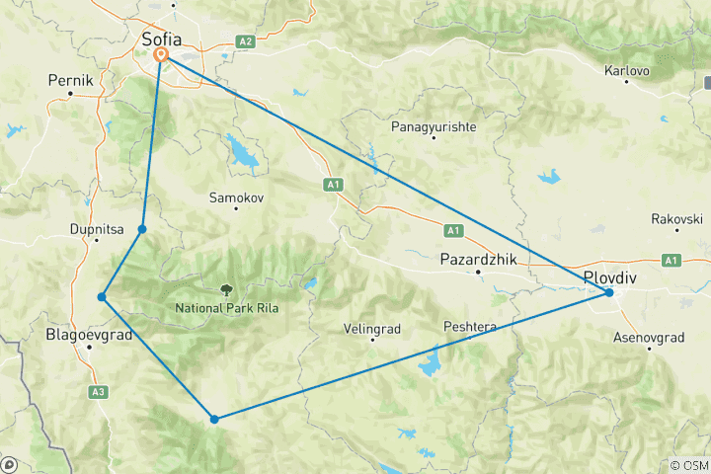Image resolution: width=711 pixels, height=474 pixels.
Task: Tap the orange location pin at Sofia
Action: point(161,58)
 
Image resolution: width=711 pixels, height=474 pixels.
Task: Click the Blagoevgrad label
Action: point(90,335)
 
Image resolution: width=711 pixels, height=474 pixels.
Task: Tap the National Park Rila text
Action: point(227,308)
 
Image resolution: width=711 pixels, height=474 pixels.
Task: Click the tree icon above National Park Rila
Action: point(228,290)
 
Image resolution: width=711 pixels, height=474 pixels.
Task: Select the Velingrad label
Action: point(371,327)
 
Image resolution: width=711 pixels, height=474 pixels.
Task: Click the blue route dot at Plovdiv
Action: point(609,292)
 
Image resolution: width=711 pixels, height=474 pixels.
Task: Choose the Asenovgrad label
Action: point(650,337)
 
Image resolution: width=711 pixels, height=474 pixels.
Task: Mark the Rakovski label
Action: point(676,218)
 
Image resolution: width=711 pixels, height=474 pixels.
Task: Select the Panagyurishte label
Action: point(434,127)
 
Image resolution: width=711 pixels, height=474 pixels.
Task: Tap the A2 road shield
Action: point(246,41)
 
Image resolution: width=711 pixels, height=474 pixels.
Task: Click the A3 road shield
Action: point(98,392)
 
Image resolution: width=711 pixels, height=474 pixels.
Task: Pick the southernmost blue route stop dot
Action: point(214,419)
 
